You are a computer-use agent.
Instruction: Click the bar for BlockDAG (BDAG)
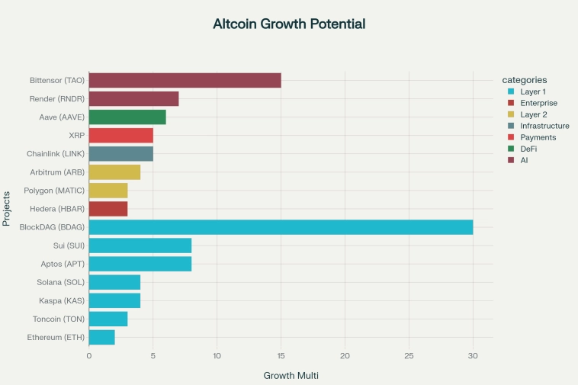click(x=281, y=227)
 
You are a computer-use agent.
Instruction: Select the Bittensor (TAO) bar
click(x=185, y=80)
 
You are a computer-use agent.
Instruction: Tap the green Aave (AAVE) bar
click(x=127, y=117)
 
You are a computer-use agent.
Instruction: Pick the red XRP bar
click(x=121, y=136)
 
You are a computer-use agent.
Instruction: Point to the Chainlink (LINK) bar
click(x=121, y=154)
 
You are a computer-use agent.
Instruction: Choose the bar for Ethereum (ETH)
click(x=102, y=337)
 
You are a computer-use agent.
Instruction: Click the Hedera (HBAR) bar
click(x=108, y=209)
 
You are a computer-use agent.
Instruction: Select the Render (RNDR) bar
click(x=134, y=98)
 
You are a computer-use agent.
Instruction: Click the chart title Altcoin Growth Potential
click(x=289, y=24)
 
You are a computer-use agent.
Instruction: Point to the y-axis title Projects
click(x=7, y=208)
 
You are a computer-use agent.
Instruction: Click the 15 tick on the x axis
click(x=281, y=355)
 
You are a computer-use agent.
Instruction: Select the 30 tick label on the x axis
click(x=473, y=355)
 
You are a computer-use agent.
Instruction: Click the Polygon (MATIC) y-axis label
click(x=54, y=191)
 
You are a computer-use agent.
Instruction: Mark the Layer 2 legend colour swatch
click(x=511, y=114)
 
